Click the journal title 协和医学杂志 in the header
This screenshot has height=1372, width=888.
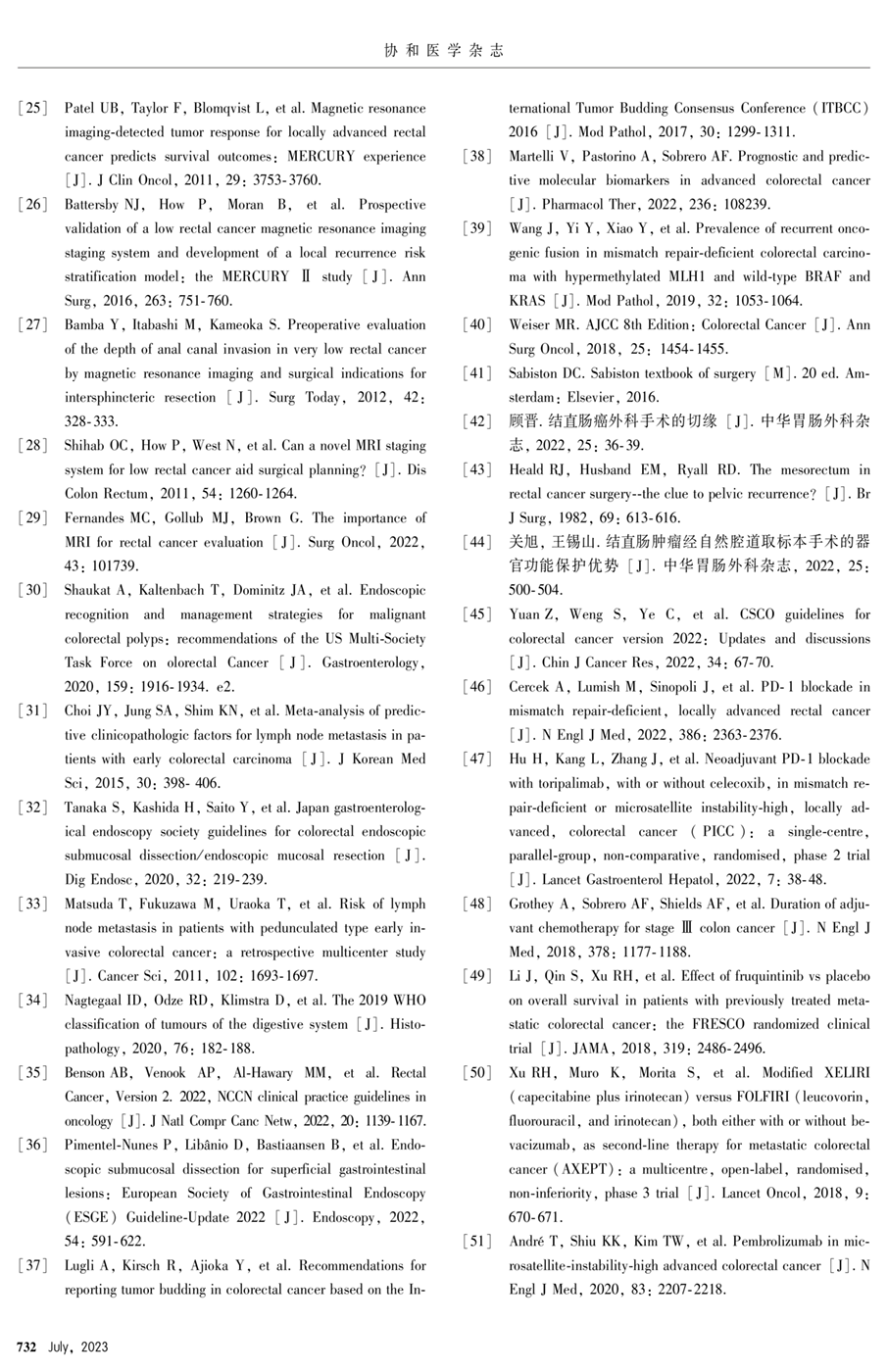tap(444, 50)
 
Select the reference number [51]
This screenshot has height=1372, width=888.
tap(477, 1242)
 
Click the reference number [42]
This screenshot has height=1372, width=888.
tap(477, 421)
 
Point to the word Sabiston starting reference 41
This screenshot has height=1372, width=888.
tap(534, 373)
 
